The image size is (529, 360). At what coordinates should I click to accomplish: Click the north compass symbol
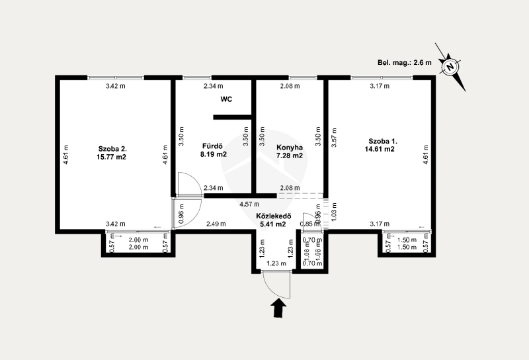(450, 67)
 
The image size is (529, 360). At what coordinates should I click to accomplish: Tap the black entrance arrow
(278, 309)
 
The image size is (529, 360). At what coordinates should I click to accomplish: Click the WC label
(226, 99)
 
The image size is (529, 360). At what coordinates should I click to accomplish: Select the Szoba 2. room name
(112, 149)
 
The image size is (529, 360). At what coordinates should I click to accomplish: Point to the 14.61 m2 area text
(380, 149)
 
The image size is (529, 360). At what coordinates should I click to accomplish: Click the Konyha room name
(290, 148)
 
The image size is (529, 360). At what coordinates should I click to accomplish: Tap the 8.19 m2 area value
(214, 155)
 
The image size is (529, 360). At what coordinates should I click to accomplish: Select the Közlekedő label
(274, 216)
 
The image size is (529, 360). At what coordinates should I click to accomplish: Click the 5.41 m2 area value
(272, 224)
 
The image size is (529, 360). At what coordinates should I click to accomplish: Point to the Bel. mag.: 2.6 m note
(405, 62)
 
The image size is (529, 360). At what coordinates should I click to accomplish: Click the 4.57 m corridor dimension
(249, 204)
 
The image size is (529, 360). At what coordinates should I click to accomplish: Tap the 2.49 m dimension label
(216, 224)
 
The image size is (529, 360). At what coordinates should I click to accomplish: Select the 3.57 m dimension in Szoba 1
(334, 138)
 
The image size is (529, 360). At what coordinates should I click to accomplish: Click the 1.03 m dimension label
(334, 212)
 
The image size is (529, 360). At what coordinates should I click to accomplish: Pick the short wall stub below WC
(233, 117)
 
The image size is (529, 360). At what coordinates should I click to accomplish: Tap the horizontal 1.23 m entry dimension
(276, 263)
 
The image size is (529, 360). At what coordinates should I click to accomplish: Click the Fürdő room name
(212, 146)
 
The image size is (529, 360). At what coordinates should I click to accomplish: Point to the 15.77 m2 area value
(111, 157)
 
